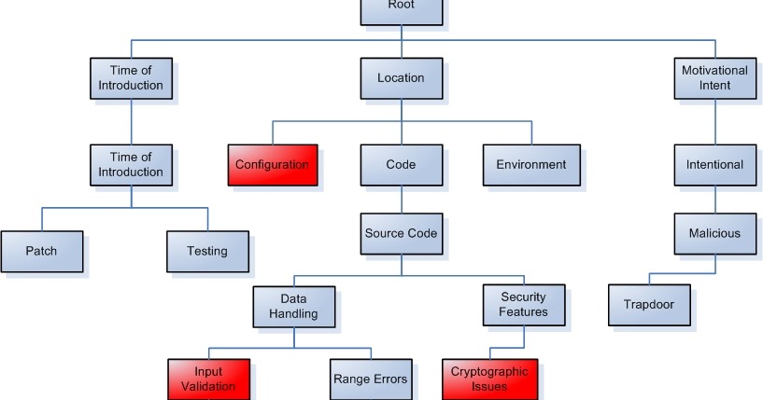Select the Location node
(x=401, y=78)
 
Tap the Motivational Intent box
(x=714, y=78)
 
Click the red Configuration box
(x=272, y=164)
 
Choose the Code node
(x=401, y=164)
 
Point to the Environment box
(x=530, y=164)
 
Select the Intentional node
(x=714, y=164)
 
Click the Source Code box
(x=401, y=233)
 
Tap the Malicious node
(x=714, y=233)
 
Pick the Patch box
(x=41, y=251)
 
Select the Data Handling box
(x=293, y=306)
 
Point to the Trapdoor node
(x=648, y=305)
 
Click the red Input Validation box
(x=209, y=379)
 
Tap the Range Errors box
(x=370, y=379)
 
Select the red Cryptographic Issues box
(x=488, y=379)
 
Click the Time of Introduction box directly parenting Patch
(x=131, y=164)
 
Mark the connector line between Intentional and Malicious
(x=714, y=199)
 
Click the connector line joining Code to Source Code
(x=401, y=199)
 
